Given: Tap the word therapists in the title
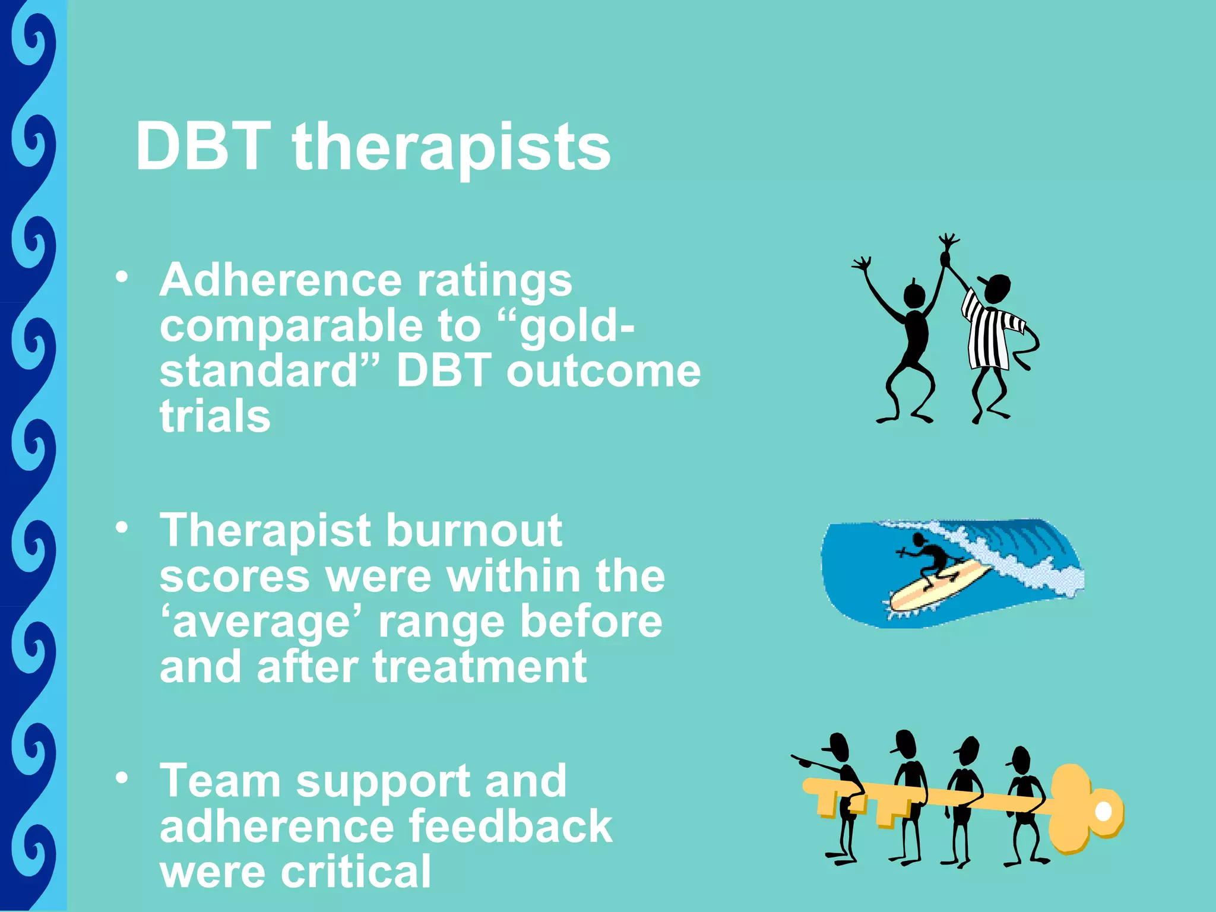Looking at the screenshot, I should (x=451, y=148).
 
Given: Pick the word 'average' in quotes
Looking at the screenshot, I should (x=264, y=622).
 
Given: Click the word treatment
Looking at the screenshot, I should (x=480, y=667).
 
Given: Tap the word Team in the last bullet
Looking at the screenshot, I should (x=220, y=781).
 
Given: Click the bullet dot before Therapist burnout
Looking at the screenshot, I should (x=122, y=527).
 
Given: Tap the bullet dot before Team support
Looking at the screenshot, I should (x=122, y=778).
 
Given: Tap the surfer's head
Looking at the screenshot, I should (x=919, y=540).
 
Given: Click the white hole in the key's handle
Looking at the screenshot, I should (x=1103, y=811).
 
